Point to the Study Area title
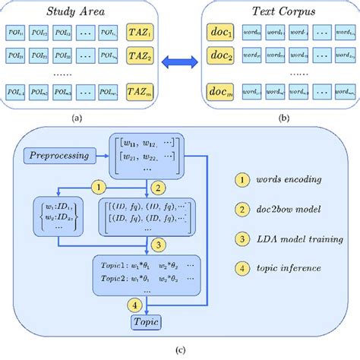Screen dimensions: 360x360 77,11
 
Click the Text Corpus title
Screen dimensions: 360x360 279,11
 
